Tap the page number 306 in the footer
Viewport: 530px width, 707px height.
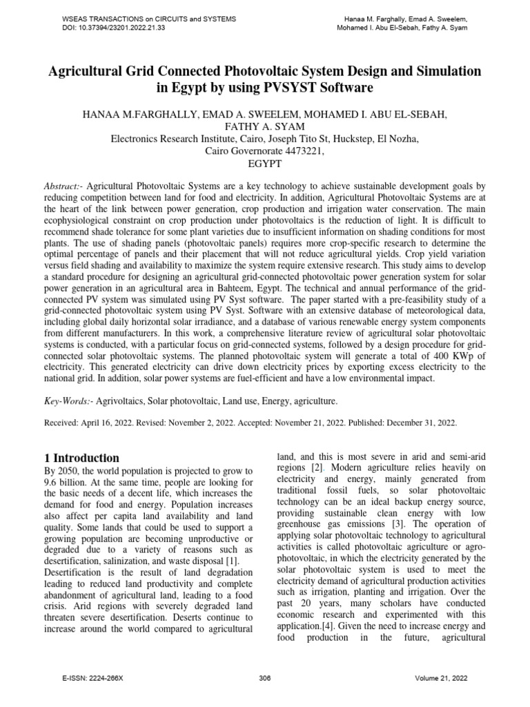[265, 679]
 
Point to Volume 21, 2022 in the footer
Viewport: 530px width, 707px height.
[442, 679]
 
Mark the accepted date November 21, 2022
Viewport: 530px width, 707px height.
[298, 423]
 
